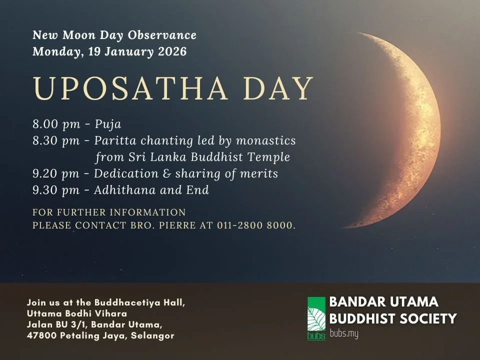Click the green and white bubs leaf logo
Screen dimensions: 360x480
coord(316,318)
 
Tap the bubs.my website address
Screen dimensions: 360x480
coord(344,334)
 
